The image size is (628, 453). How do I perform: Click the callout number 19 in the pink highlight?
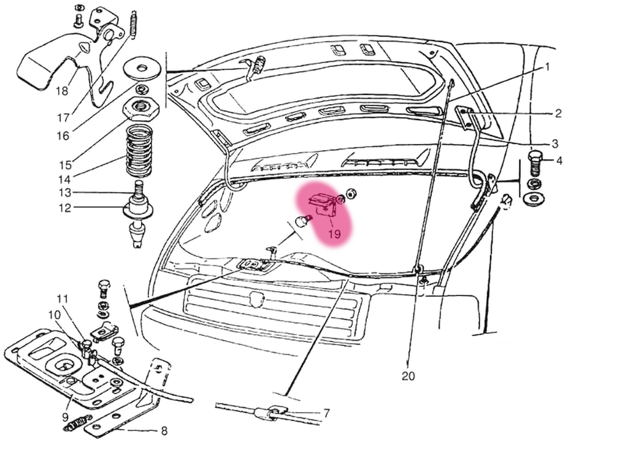click(x=334, y=234)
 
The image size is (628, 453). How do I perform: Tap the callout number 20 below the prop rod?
click(x=408, y=376)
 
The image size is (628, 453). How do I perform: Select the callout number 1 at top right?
click(x=548, y=67)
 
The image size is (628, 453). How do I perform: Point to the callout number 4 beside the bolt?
click(x=559, y=161)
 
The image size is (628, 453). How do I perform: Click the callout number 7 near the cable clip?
click(x=327, y=414)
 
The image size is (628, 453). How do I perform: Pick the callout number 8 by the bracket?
click(x=164, y=431)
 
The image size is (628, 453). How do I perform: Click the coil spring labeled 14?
click(x=139, y=150)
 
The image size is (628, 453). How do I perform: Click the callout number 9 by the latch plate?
click(x=65, y=418)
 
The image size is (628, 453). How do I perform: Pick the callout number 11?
click(x=63, y=299)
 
